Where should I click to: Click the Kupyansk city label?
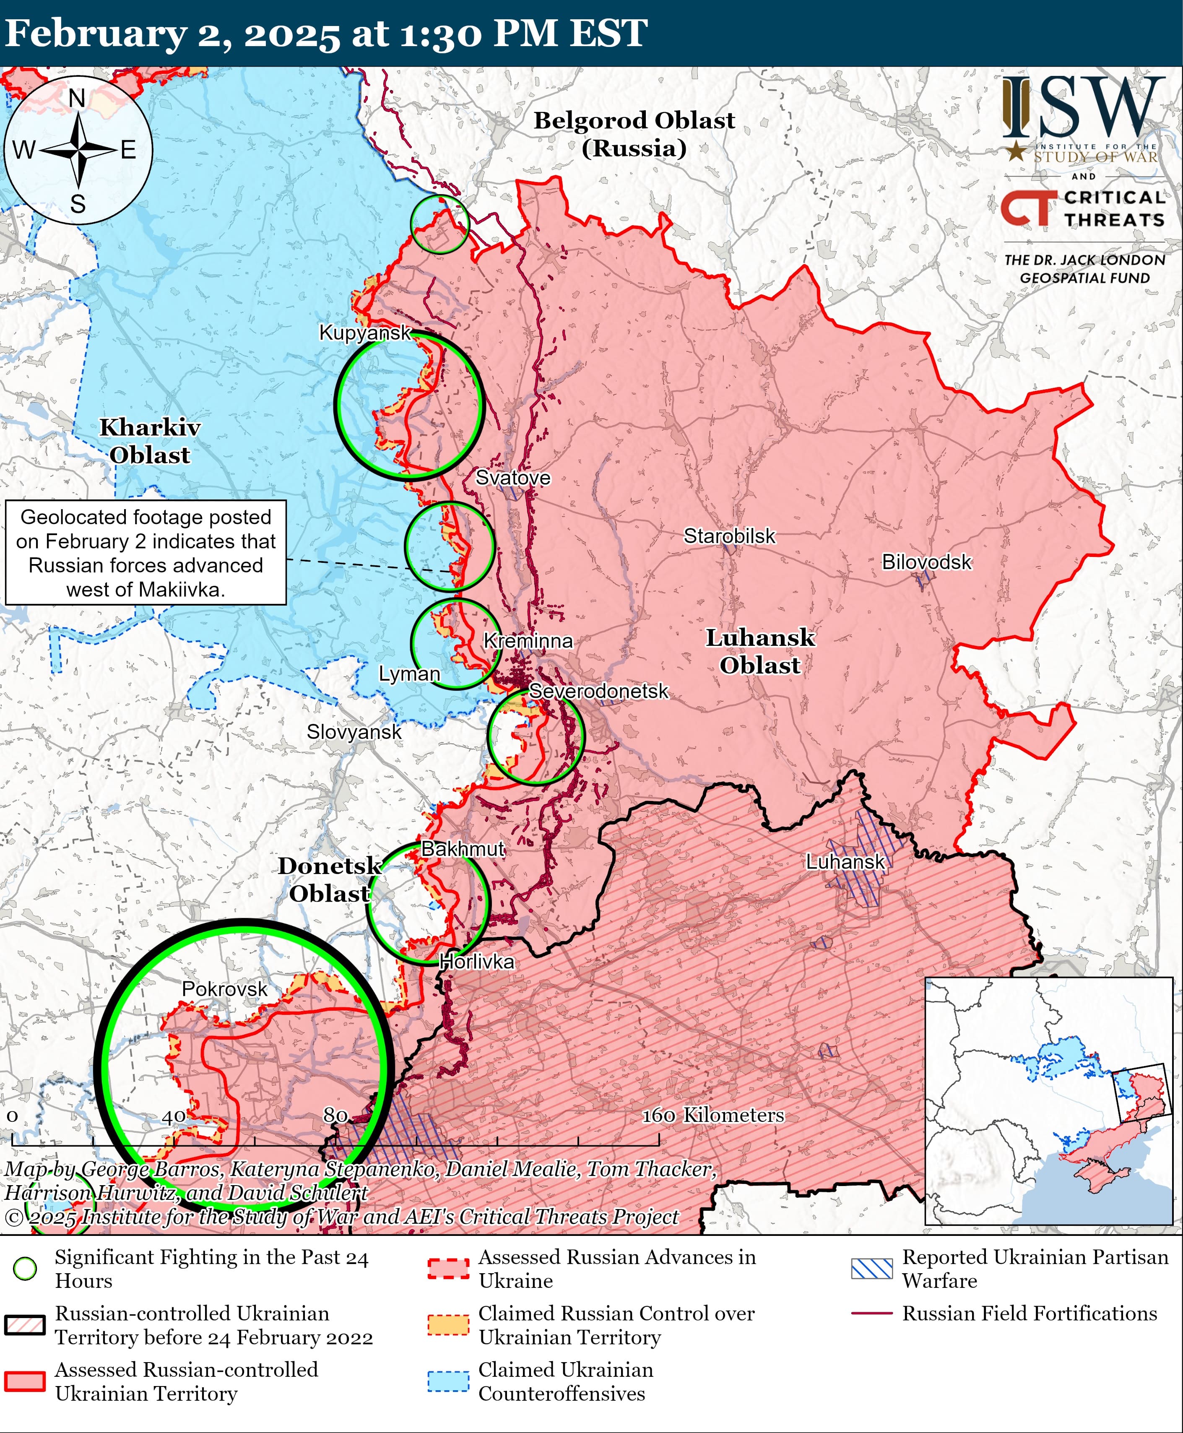pyautogui.click(x=365, y=333)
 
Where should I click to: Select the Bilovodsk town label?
pyautogui.click(x=926, y=562)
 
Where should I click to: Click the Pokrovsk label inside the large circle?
pyautogui.click(x=224, y=989)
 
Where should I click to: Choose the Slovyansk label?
pyautogui.click(x=354, y=732)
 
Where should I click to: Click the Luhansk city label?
pyautogui.click(x=845, y=861)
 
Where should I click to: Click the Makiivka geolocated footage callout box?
pyautogui.click(x=146, y=553)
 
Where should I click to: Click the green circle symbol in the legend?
pyautogui.click(x=25, y=1268)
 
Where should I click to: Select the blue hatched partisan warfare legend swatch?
pyautogui.click(x=871, y=1268)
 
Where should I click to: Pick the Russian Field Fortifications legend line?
pyautogui.click(x=871, y=1313)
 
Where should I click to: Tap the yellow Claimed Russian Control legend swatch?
pyautogui.click(x=448, y=1325)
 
